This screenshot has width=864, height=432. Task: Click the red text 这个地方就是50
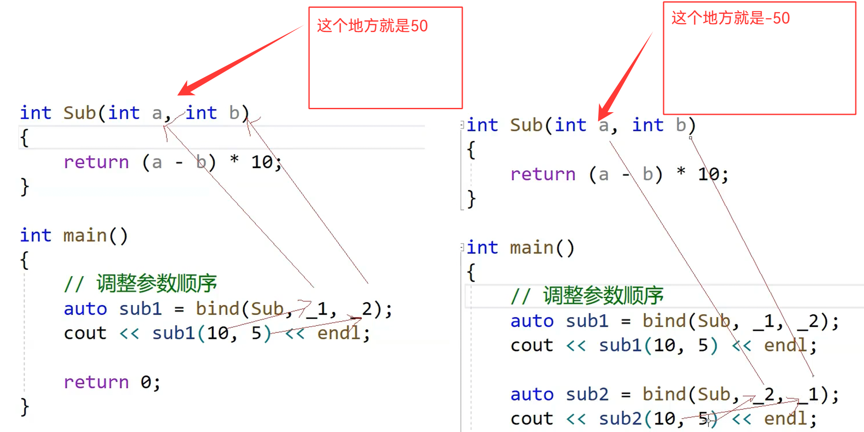372,26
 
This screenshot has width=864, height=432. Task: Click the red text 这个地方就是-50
730,18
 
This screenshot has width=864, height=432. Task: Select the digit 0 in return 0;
146,382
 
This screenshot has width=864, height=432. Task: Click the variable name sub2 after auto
587,394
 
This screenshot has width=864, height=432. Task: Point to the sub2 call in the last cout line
620,419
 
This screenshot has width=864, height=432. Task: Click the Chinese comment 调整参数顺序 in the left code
156,284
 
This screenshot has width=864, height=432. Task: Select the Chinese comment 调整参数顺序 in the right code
603,296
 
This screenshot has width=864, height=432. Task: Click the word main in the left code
85,236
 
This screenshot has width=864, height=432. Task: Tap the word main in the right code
532,248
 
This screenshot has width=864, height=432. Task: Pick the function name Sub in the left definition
80,113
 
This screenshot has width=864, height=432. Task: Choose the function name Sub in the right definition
526,125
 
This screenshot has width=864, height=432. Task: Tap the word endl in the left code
339,333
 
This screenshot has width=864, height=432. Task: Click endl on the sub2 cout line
785,419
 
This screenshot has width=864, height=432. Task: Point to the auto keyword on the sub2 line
532,394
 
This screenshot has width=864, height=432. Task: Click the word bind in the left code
217,309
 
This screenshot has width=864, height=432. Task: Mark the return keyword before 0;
96,382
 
